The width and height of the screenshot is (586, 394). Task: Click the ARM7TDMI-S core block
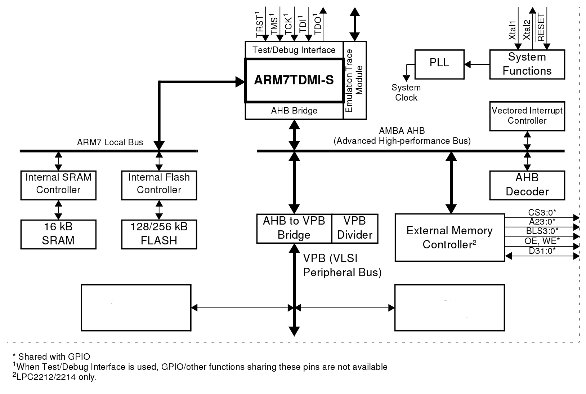click(294, 80)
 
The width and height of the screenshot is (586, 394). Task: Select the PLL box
click(439, 64)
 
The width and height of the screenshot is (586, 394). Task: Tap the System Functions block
click(527, 64)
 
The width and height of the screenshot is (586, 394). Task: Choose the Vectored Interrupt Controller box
click(527, 116)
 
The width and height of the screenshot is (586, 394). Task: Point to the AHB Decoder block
click(527, 185)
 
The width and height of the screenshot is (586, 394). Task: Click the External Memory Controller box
click(449, 237)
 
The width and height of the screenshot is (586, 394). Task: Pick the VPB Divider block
click(355, 228)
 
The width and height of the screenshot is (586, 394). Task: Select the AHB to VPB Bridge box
click(294, 228)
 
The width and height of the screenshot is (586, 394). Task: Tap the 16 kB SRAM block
click(58, 234)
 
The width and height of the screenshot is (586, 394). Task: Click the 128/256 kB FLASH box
click(159, 234)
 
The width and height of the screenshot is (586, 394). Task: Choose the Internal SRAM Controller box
click(58, 184)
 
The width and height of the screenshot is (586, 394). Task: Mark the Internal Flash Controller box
click(159, 184)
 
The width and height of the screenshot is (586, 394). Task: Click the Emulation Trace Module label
click(354, 80)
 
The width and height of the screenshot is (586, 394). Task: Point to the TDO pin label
click(318, 25)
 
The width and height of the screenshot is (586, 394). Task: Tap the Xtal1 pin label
click(512, 31)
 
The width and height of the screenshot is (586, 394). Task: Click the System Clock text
click(406, 93)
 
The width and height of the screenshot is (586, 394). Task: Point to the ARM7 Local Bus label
click(110, 142)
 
